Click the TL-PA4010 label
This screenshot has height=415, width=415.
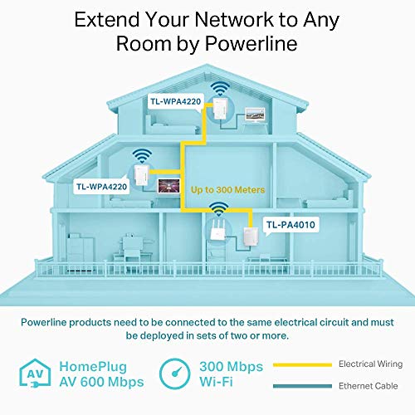point(290,225)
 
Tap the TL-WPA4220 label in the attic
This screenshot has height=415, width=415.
point(176,101)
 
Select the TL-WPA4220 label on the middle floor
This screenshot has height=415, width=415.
point(102,187)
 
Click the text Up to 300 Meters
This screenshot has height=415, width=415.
point(227,190)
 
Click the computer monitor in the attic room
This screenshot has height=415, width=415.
point(255,115)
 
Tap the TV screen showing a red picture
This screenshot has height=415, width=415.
point(168,185)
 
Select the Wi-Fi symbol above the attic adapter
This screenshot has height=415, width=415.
point(220,88)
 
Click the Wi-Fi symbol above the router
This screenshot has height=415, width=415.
point(219,208)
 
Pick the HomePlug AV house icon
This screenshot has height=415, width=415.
point(35,373)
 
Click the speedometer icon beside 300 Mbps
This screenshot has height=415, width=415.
point(175,373)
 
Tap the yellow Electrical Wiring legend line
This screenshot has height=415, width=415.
point(302,365)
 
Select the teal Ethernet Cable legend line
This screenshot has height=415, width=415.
point(302,386)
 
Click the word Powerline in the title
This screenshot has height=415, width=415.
point(251,43)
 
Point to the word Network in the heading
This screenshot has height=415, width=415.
point(234,19)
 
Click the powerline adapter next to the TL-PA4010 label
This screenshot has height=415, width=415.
point(251,237)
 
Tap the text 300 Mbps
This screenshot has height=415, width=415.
point(231,367)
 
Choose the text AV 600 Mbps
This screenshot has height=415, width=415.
point(101,382)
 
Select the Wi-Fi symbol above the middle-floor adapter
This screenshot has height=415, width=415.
point(142,155)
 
